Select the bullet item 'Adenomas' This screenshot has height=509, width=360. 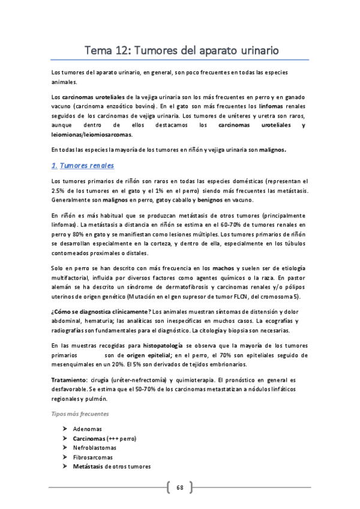tap(87, 429)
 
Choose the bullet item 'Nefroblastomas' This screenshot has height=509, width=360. tap(94, 448)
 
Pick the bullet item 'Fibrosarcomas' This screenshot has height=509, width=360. tap(92, 457)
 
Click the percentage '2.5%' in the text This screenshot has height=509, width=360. tap(59, 191)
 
